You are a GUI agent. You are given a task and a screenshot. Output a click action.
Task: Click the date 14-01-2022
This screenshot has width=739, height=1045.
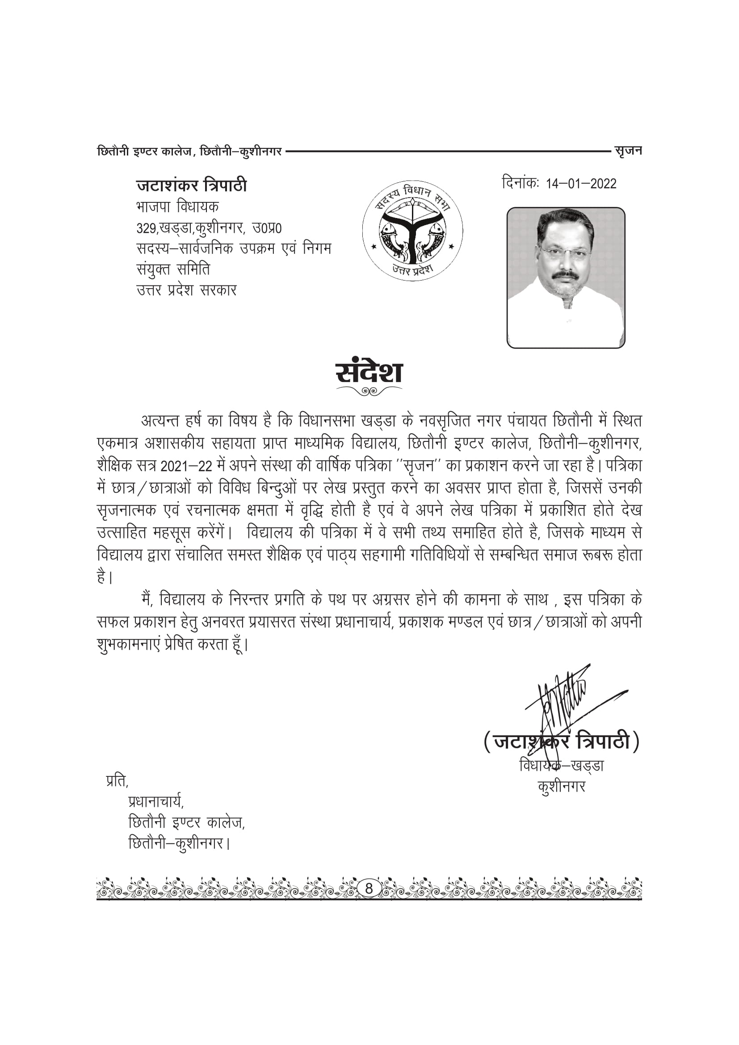click(x=581, y=184)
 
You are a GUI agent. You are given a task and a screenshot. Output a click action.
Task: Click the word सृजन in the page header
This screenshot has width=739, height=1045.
click(x=628, y=151)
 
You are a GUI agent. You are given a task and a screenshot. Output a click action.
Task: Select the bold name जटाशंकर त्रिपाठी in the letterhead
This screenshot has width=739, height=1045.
click(x=192, y=185)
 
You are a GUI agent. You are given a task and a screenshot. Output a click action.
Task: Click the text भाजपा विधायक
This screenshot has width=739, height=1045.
click(x=177, y=207)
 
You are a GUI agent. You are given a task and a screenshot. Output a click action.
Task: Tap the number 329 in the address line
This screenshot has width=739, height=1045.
click(x=146, y=228)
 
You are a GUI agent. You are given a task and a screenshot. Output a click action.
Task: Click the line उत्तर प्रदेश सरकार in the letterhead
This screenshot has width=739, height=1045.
click(x=187, y=290)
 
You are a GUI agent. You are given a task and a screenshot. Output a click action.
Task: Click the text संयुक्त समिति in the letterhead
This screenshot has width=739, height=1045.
click(x=173, y=269)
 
